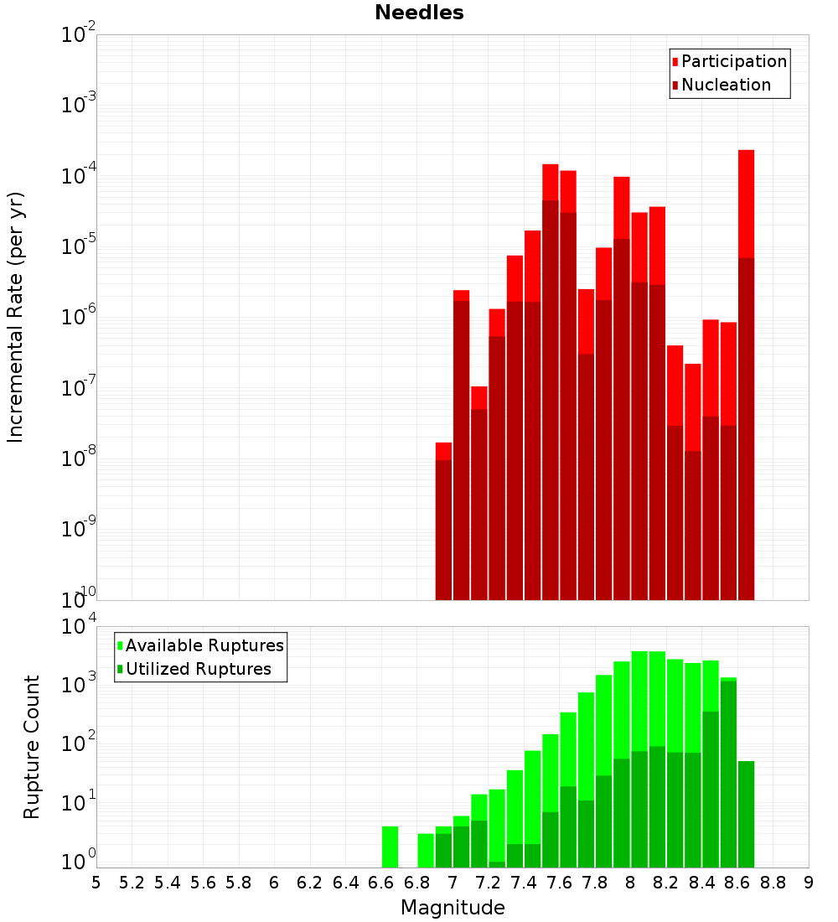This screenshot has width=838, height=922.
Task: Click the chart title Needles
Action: click(419, 13)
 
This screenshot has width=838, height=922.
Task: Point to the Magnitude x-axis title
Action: click(453, 908)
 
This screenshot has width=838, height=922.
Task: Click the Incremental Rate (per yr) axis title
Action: click(16, 317)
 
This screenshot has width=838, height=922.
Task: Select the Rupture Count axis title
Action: click(32, 746)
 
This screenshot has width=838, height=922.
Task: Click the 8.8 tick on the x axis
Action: click(773, 882)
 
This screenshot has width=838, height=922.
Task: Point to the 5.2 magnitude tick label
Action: click(132, 882)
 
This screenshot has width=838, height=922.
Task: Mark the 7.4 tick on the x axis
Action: click(524, 882)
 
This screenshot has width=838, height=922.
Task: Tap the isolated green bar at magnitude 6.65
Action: click(390, 847)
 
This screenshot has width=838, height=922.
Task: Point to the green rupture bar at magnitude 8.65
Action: click(746, 813)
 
